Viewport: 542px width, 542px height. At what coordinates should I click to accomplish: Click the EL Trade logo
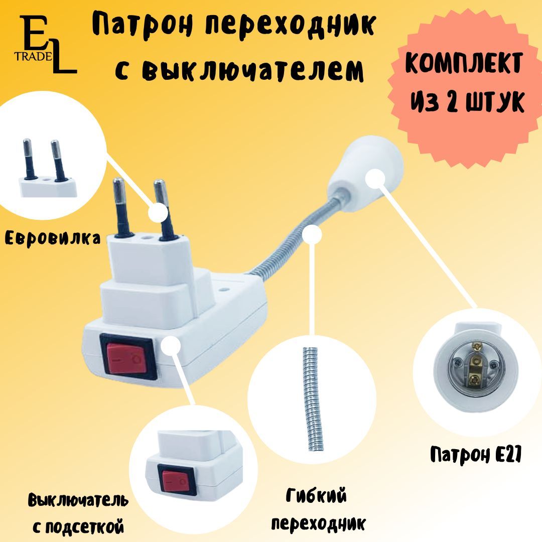pos(45,44)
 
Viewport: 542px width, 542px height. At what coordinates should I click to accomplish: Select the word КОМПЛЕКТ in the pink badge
pos(464,63)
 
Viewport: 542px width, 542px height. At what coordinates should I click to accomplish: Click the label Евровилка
pos(53,238)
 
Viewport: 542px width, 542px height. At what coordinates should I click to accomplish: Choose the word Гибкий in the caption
pos(316,496)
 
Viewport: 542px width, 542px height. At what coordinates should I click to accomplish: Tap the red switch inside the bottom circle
pos(176,480)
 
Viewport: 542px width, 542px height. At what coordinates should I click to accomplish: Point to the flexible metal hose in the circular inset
pos(313,399)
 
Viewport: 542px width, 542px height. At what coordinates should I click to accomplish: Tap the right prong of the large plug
pos(165,209)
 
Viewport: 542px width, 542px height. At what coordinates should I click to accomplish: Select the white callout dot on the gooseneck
pos(312,235)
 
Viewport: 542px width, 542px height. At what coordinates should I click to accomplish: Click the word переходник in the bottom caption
pos(318,523)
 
